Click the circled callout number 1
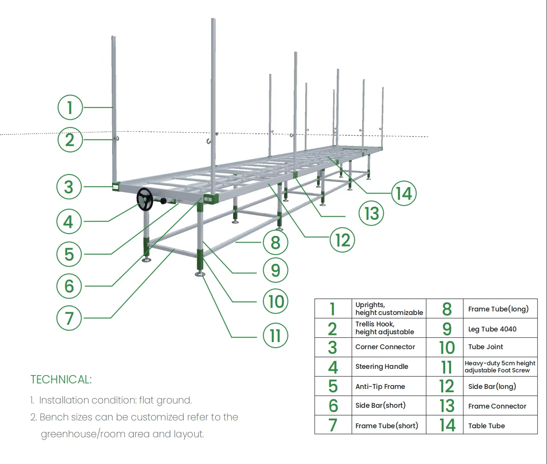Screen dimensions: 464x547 [70, 107]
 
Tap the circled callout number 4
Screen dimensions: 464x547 [69, 222]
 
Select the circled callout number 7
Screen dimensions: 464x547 [69, 318]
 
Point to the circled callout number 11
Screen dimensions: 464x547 [275, 336]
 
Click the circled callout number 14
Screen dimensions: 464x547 [403, 193]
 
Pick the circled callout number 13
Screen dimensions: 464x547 [371, 214]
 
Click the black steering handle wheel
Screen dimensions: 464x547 [145, 199]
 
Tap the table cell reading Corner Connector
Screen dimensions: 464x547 [385, 347]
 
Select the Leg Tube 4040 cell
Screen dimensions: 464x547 [492, 329]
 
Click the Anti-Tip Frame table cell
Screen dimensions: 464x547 [380, 387]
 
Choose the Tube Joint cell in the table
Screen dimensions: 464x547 [485, 347]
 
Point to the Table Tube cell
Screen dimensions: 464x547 [486, 426]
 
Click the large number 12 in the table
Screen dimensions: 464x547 [446, 387]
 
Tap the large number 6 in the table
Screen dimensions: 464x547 [333, 406]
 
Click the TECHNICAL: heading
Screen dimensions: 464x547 [61, 379]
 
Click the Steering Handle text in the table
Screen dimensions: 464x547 [381, 366]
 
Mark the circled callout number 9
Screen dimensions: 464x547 [275, 270]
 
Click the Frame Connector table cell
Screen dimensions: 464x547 [497, 406]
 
